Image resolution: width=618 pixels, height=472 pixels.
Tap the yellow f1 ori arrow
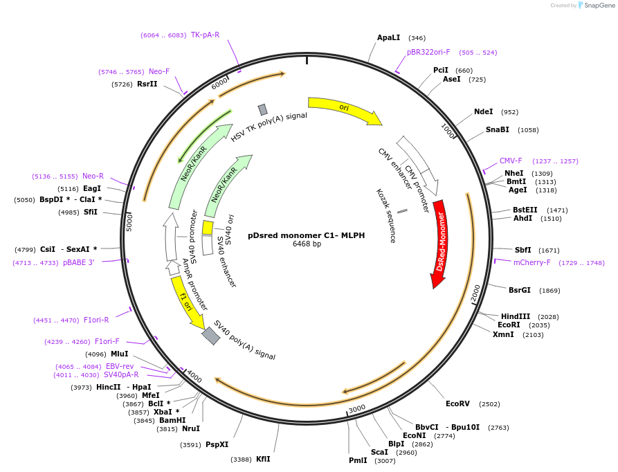click(186, 302)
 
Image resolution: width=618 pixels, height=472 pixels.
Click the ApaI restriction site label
click(388, 37)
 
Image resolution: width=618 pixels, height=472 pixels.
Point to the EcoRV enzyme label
click(457, 403)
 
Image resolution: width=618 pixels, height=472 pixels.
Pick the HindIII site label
click(515, 316)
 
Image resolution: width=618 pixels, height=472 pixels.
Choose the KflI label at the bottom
click(263, 459)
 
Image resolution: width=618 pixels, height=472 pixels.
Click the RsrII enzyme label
click(147, 84)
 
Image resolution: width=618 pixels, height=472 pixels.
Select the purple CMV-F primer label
click(511, 161)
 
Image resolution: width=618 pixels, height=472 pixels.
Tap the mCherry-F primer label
click(531, 262)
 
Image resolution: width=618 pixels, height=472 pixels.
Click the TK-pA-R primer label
click(205, 35)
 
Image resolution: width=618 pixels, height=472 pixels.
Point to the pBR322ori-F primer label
click(428, 52)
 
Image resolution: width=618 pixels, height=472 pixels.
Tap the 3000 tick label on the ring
click(357, 409)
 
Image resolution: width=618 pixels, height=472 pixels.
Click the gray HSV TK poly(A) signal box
click(262, 109)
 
